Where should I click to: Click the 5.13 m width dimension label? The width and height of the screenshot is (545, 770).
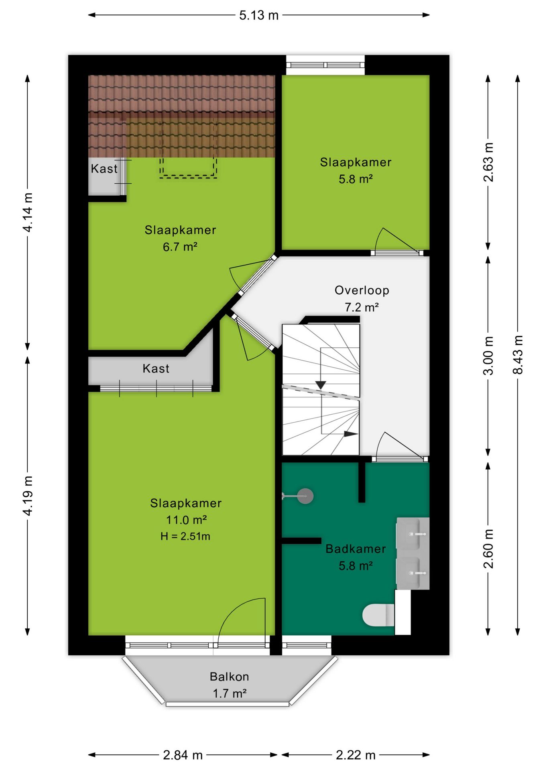coord(259,15)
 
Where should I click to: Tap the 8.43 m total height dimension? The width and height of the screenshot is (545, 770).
coord(518,355)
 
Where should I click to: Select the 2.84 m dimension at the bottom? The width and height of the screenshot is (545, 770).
coord(183,755)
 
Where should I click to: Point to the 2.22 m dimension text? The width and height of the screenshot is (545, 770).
coord(356,755)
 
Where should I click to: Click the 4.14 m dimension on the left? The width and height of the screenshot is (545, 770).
coord(28,212)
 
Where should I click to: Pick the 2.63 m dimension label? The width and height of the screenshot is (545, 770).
coord(488,162)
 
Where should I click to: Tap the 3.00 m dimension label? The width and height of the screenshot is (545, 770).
coord(488,356)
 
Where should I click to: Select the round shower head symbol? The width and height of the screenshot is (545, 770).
coord(305,496)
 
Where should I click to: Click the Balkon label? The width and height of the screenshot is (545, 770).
coord(230,677)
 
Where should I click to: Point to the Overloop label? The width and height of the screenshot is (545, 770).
coord(362,290)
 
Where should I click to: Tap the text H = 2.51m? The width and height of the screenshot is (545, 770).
coord(185,536)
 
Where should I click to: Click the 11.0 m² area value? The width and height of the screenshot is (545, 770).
coord(186,520)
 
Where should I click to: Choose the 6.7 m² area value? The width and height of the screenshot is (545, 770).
coord(180,247)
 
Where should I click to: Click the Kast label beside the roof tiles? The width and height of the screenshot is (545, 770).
coord(104,168)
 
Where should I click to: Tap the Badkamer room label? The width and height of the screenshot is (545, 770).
coord(356,549)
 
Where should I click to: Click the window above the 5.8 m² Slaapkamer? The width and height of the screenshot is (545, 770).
coord(325,65)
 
